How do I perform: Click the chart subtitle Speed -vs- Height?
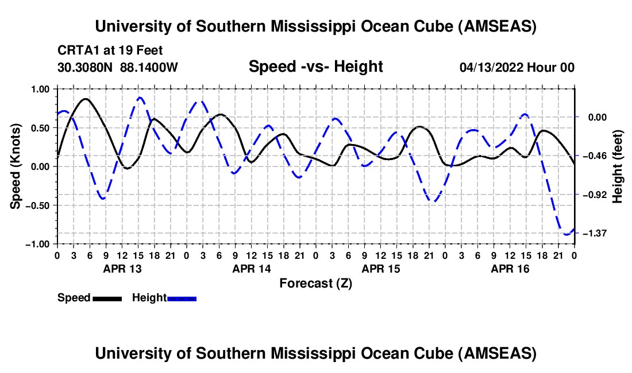(315, 67)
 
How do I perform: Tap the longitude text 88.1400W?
(149, 67)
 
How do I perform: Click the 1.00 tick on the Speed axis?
(41, 89)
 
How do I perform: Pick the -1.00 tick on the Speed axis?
(39, 244)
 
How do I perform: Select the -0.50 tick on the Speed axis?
(39, 205)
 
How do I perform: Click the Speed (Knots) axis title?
(17, 166)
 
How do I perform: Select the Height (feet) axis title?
(618, 166)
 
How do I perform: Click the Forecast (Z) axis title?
(315, 283)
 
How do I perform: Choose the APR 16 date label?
(510, 269)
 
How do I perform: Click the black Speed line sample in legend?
(107, 298)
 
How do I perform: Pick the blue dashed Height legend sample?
(182, 298)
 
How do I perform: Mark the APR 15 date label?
(380, 269)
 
